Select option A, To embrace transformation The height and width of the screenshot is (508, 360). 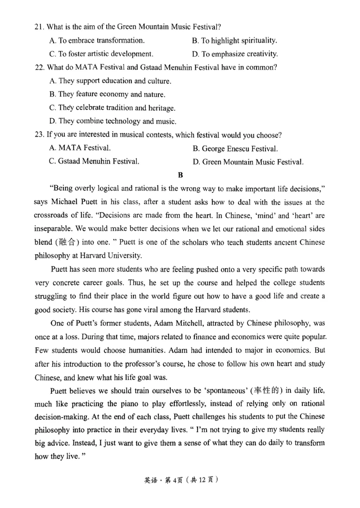pyautogui.click(x=97, y=41)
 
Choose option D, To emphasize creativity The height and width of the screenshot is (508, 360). pyautogui.click(x=234, y=54)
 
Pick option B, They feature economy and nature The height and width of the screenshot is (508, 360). pyautogui.click(x=106, y=95)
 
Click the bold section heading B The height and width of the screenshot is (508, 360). pyautogui.click(x=180, y=175)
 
